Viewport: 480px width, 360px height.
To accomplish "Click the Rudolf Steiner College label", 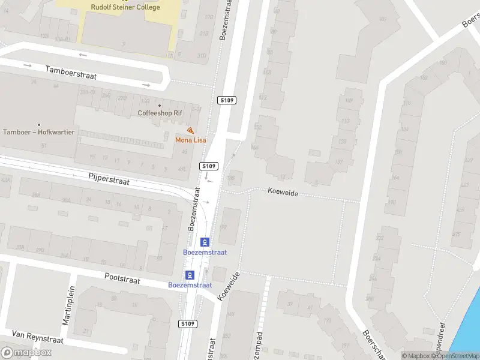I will tap(125, 8).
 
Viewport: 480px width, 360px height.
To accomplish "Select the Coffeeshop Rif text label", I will tap(160, 113).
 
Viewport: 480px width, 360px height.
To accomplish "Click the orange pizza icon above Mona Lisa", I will tap(190, 131).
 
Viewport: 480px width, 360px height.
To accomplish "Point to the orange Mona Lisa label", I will tap(190, 140).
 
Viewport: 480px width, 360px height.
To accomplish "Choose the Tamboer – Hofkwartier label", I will tap(38, 132).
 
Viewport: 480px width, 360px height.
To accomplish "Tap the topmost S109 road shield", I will tap(227, 100).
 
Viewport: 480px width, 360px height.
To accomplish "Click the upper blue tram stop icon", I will tap(205, 242).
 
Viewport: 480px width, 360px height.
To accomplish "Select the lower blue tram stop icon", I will tap(190, 275).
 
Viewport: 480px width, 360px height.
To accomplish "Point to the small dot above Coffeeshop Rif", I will tap(160, 105).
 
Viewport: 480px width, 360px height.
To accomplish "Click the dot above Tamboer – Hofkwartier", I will tap(38, 125).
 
